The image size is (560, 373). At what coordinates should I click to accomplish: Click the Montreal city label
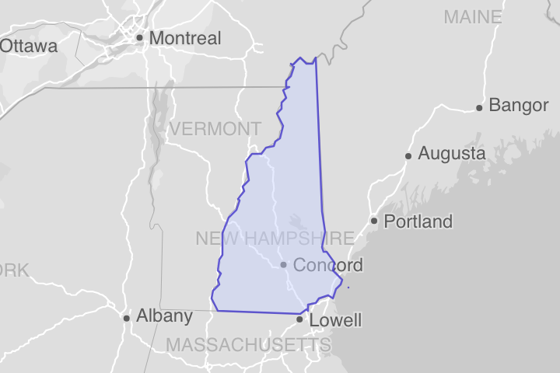coord(185,38)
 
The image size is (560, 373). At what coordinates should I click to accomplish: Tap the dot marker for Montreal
coord(139,37)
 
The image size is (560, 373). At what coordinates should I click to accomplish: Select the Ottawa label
coord(29,47)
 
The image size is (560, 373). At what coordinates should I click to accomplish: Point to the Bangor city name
coord(519,106)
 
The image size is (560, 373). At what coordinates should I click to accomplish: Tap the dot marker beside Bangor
coord(480,107)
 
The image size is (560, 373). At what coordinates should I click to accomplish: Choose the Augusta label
coord(452,155)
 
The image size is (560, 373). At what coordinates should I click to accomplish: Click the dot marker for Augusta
coord(408,156)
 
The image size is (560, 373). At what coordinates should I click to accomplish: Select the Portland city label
coord(418,222)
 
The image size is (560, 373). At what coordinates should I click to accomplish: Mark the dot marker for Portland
coord(374,221)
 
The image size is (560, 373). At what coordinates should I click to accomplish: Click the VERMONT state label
coord(215,129)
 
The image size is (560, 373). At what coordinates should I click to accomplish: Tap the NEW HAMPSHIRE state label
coord(275,239)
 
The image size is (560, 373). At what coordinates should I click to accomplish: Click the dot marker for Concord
coord(284,265)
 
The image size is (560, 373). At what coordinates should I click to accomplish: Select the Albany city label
coord(164,316)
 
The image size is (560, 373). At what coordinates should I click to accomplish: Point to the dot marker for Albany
coord(127,318)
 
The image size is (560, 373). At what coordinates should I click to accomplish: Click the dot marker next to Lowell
coord(299,319)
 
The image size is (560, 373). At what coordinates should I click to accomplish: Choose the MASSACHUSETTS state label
coord(248,344)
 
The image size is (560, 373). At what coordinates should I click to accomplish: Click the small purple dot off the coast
coord(348,288)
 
